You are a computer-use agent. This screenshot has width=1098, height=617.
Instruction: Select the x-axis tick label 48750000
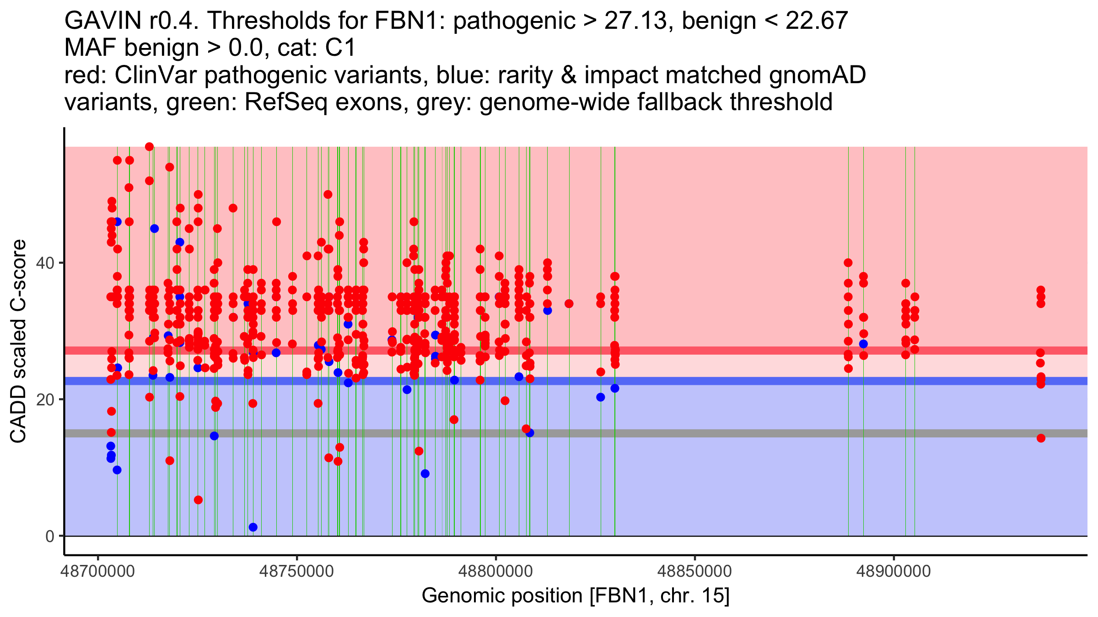coord(297,571)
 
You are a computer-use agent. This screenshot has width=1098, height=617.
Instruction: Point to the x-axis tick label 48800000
coord(496,571)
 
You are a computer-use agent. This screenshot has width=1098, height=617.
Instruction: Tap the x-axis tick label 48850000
coord(695,571)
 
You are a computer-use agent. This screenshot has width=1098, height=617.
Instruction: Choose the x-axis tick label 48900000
coord(894,571)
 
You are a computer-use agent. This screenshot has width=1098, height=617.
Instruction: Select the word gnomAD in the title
coord(817,75)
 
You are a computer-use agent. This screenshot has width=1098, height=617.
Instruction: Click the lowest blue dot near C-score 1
coord(253,527)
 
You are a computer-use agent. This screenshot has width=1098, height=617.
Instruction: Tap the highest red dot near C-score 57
coord(149,147)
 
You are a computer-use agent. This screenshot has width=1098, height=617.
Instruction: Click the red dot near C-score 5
coord(198,500)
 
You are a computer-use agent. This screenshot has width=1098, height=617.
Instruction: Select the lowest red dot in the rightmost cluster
coord(1041,438)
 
